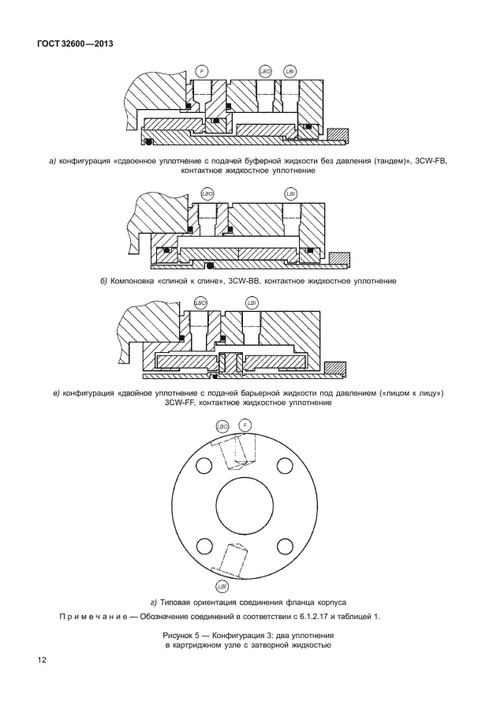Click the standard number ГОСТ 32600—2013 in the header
pos(75,44)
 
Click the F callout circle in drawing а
pos(203,72)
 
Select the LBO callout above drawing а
pos(266,72)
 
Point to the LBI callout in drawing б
pos(290,193)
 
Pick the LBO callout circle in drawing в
pos(200,303)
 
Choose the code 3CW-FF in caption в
pos(184,404)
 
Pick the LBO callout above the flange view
pos(222,426)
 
